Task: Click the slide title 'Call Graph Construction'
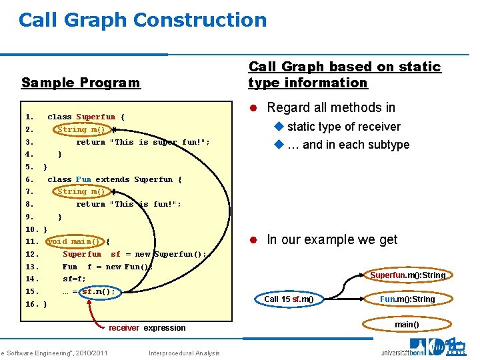pyautogui.click(x=143, y=20)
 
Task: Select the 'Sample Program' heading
pyautogui.click(x=81, y=83)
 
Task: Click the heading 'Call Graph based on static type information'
pyautogui.click(x=345, y=75)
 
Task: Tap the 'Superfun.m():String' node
pyautogui.click(x=407, y=275)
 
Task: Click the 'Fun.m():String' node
pyautogui.click(x=407, y=299)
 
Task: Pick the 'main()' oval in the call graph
pyautogui.click(x=407, y=325)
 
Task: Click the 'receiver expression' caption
pyautogui.click(x=147, y=328)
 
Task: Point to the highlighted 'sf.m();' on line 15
pyautogui.click(x=98, y=291)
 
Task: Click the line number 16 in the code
pyautogui.click(x=31, y=304)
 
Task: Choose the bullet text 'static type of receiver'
pyautogui.click(x=343, y=127)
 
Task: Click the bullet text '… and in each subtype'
pyautogui.click(x=348, y=145)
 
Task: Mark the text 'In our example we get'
pyautogui.click(x=331, y=239)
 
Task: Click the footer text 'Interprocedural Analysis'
pyautogui.click(x=184, y=353)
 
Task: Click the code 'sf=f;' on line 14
pyautogui.click(x=74, y=279)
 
